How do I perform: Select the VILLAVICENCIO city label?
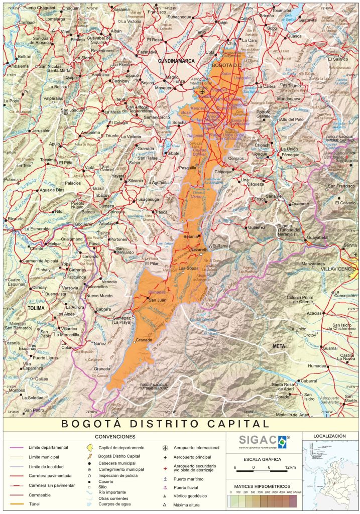(337, 269)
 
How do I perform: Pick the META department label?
(279, 346)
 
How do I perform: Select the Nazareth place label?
(197, 249)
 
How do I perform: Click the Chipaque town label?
(224, 172)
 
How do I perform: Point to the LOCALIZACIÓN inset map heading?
(330, 437)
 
